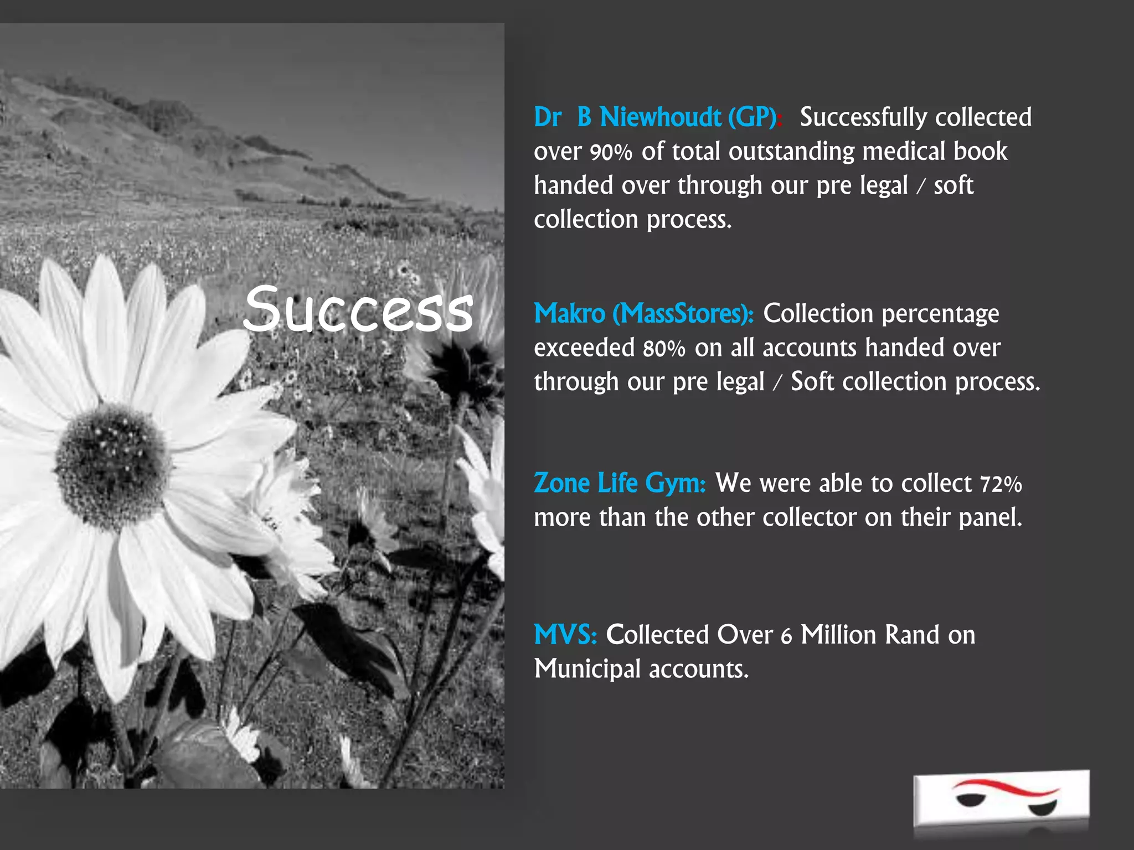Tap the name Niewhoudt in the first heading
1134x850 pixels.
(x=661, y=117)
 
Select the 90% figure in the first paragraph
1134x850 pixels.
(x=611, y=152)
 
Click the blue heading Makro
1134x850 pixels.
(x=570, y=314)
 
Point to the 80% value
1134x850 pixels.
(x=664, y=349)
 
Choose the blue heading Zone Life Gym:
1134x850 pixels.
(x=620, y=483)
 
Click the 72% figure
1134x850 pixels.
(x=1001, y=484)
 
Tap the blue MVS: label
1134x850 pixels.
(x=565, y=635)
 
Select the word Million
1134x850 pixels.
(x=838, y=635)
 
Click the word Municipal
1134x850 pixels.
(x=587, y=669)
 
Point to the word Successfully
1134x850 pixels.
(x=864, y=117)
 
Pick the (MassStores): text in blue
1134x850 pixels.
(x=683, y=314)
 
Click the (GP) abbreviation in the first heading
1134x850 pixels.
(x=752, y=117)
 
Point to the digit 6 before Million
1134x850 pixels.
(x=786, y=636)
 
